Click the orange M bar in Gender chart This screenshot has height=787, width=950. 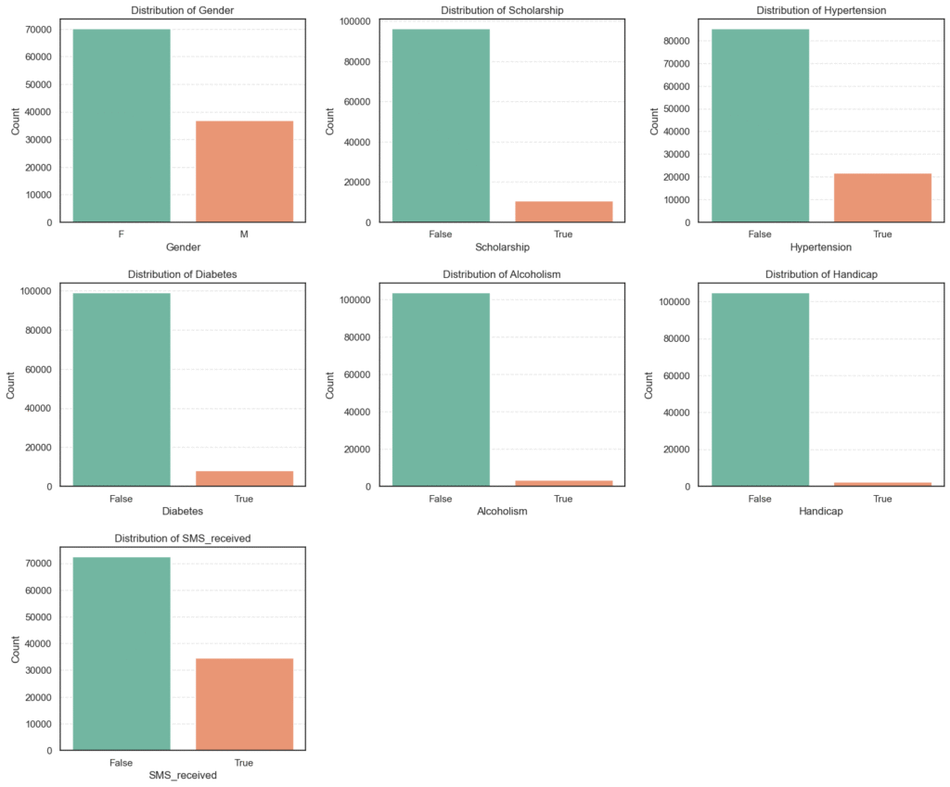[244, 171]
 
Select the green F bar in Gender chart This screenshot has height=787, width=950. [122, 125]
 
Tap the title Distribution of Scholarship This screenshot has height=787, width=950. [502, 10]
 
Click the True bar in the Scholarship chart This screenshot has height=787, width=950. [563, 212]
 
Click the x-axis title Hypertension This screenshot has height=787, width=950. [821, 248]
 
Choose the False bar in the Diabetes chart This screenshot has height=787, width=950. [122, 389]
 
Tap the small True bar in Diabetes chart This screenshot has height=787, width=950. [244, 478]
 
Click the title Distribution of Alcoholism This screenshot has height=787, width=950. [502, 274]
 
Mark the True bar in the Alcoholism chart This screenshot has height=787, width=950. [563, 483]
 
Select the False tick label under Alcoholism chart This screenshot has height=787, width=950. [441, 499]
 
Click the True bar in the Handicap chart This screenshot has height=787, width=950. [882, 484]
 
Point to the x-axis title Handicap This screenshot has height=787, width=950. [821, 512]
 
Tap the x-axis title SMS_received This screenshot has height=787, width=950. [183, 775]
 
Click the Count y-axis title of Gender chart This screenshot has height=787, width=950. [16, 121]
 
